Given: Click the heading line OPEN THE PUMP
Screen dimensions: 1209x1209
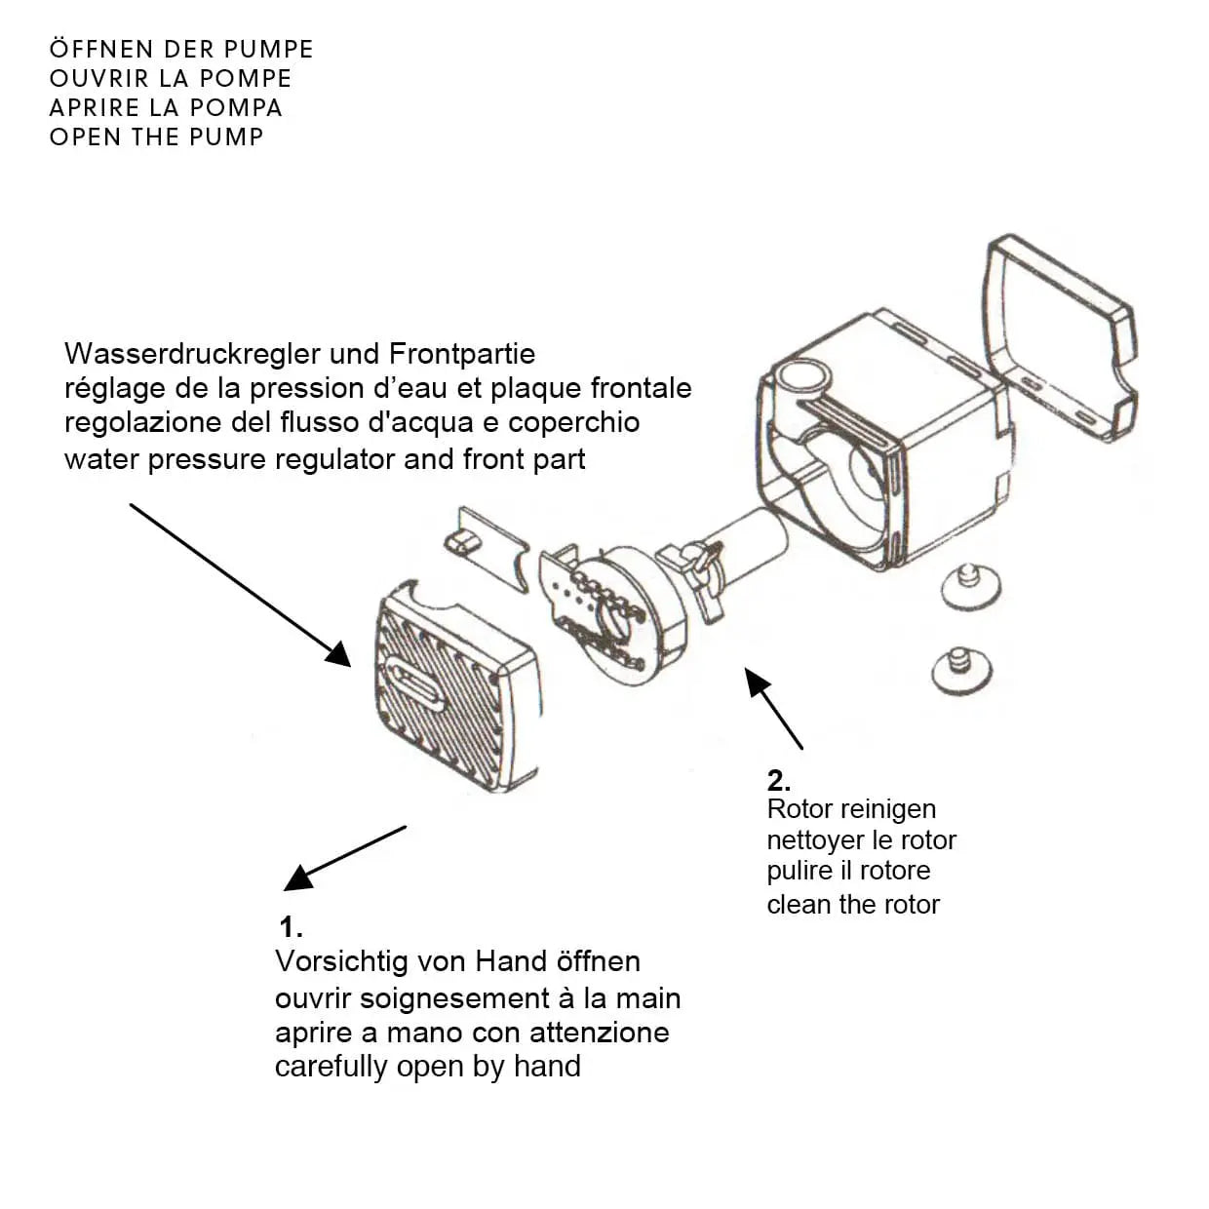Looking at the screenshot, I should click(156, 136).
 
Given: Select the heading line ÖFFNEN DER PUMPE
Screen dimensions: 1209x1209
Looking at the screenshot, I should click(181, 49).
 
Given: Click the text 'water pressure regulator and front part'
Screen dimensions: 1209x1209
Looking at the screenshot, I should click(325, 459).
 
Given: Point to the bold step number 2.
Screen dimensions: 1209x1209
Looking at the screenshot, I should click(778, 780).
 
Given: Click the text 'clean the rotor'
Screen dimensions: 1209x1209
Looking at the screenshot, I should click(852, 905).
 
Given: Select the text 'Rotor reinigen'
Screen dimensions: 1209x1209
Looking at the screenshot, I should click(850, 809).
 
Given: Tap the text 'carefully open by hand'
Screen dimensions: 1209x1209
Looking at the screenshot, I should click(427, 1067).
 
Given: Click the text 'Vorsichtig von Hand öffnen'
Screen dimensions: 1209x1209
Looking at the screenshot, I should click(457, 961).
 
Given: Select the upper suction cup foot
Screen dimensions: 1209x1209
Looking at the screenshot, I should click(970, 584).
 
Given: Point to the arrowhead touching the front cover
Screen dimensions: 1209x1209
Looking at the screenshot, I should click(338, 653).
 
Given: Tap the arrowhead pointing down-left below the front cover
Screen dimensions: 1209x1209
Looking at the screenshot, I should click(298, 877).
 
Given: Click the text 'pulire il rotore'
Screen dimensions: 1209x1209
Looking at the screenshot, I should click(848, 871).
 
